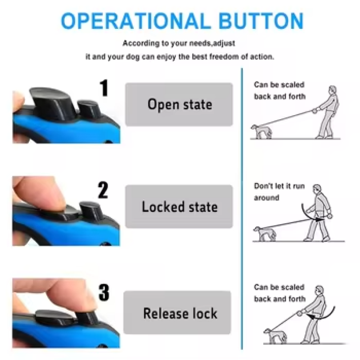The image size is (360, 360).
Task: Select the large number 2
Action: pyautogui.click(x=103, y=190)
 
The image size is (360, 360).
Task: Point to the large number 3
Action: pyautogui.click(x=103, y=292)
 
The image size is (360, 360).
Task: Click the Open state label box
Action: pyautogui.click(x=179, y=104)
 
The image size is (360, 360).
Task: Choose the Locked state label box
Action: pyautogui.click(x=179, y=207)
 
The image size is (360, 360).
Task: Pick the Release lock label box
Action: pyautogui.click(x=179, y=313)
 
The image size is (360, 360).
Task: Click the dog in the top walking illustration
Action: pyautogui.click(x=261, y=131)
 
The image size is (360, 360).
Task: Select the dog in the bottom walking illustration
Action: pyautogui.click(x=272, y=335)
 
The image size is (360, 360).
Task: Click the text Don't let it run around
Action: pyautogui.click(x=279, y=192)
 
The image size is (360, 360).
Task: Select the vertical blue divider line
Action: pyautogui.click(x=242, y=207)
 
